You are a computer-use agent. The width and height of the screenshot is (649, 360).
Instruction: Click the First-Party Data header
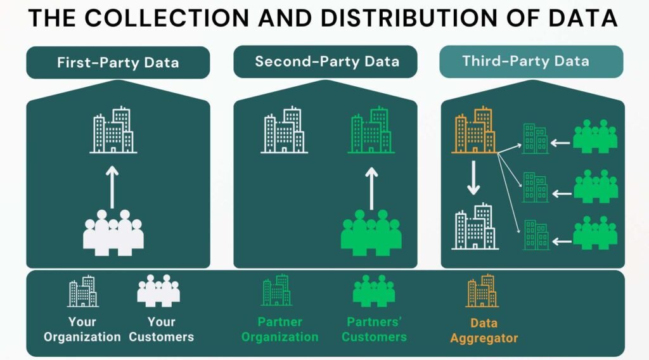coord(118,63)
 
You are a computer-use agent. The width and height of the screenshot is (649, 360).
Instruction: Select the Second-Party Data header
coord(325,61)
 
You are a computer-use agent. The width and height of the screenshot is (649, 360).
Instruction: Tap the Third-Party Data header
coord(532,61)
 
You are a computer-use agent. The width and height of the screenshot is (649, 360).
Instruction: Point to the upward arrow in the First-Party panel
coord(112,188)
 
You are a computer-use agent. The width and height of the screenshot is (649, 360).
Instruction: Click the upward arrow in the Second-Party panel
coord(371,188)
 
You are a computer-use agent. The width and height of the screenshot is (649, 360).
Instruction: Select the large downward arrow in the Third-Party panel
coord(473,178)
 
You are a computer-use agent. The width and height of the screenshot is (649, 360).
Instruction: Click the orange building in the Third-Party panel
coord(474,130)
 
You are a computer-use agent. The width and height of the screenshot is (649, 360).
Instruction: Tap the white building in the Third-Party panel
coord(475,226)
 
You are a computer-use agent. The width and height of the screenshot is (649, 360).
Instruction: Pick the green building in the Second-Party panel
coord(371,130)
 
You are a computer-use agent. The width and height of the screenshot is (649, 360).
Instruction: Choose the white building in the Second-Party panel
coord(284,130)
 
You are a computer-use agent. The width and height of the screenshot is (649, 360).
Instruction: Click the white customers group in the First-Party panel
coord(113,233)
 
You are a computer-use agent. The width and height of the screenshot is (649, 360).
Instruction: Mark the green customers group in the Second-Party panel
coord(371,233)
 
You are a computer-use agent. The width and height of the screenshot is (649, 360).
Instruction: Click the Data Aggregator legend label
coord(484,331)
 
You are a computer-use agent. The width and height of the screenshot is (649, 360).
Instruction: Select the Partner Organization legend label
coord(280,330)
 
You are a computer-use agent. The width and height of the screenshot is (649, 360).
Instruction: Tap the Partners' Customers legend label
coord(374,330)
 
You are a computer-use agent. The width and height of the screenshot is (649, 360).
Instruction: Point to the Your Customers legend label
coord(162,330)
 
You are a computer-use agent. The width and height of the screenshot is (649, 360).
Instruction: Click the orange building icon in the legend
coord(482,291)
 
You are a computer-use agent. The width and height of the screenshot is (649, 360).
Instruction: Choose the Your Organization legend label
coord(82,330)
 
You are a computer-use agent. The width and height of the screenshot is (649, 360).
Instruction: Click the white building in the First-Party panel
coord(113,130)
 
